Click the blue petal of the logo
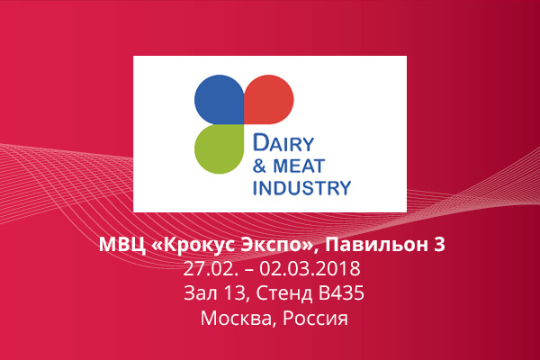tap(220, 100)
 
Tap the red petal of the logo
tap(269, 100)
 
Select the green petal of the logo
tap(220, 148)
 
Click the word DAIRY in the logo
tap(283, 143)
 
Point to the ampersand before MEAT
tap(260, 166)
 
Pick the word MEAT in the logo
tap(299, 166)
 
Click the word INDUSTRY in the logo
tap(301, 188)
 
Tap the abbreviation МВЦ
tap(122, 245)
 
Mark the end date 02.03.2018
tap(310, 269)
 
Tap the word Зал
tap(196, 293)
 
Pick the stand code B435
tap(341, 293)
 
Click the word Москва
tap(239, 319)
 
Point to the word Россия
tap(315, 319)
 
